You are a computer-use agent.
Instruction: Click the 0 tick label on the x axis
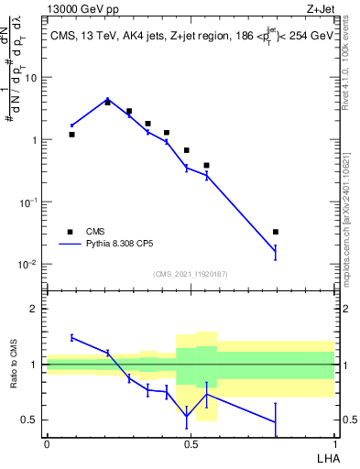click(47, 442)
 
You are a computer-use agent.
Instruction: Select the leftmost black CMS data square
click(72, 135)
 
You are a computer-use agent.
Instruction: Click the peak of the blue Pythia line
click(107, 100)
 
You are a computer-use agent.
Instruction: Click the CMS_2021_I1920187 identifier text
click(191, 274)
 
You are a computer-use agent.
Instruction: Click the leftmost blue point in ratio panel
click(72, 337)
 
